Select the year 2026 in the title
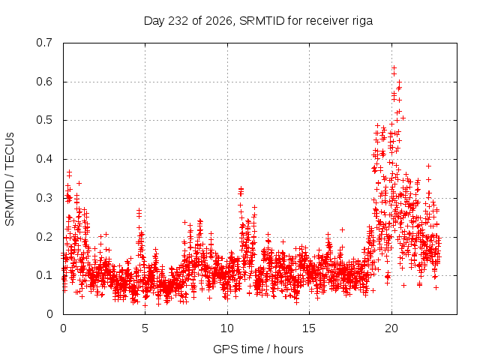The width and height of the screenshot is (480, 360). (x=218, y=21)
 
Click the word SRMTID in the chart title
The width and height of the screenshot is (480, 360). (x=262, y=21)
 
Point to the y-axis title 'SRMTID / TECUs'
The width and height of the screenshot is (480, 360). (x=10, y=179)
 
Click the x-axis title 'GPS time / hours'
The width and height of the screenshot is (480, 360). (x=258, y=349)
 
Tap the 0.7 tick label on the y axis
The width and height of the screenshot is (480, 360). (x=44, y=43)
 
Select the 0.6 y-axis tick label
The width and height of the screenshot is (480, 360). (x=44, y=82)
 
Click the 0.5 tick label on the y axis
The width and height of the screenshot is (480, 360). (x=44, y=120)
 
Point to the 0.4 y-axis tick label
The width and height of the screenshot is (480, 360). (x=44, y=159)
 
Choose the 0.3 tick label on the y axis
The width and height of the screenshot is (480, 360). (x=44, y=198)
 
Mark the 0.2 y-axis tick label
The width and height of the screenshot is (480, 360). (x=44, y=237)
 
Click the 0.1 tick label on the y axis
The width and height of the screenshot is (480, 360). (x=44, y=275)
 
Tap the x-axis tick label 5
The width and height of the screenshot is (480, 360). (x=145, y=328)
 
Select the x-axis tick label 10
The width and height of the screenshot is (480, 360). (x=227, y=328)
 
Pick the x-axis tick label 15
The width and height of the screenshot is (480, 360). (x=309, y=328)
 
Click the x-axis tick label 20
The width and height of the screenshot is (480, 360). (x=391, y=328)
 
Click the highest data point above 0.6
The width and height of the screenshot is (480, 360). (x=394, y=67)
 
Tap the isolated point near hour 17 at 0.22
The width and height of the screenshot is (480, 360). (x=342, y=229)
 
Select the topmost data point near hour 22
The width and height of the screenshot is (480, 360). (x=428, y=166)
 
